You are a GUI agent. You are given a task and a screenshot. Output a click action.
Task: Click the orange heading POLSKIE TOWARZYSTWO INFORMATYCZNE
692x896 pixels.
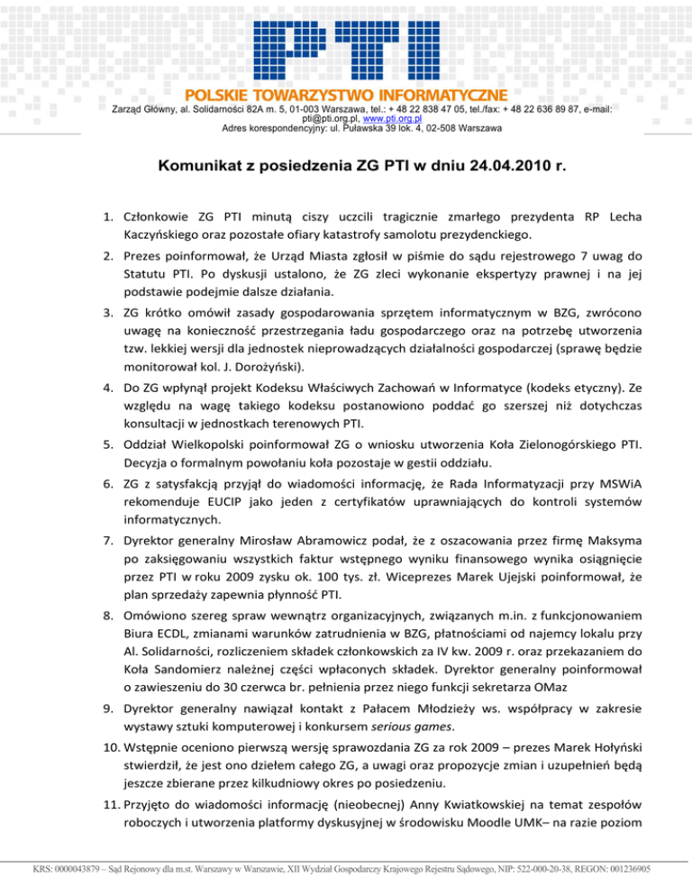point(345,95)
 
